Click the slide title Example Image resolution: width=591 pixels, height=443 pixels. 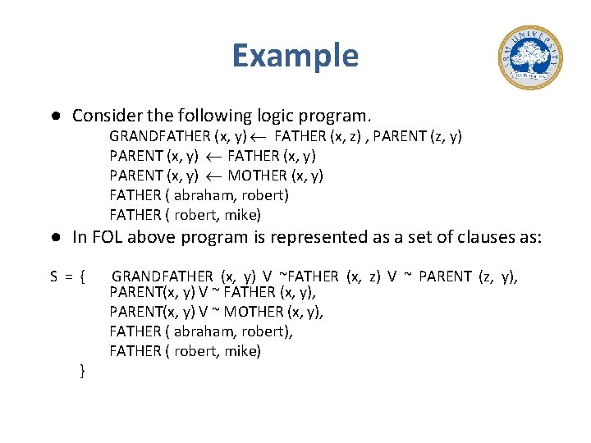295,56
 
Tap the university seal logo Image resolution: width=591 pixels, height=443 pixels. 529,57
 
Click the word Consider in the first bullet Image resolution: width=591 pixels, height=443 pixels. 103,115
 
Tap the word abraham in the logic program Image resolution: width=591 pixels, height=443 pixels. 196,195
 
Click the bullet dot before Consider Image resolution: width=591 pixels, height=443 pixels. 53,115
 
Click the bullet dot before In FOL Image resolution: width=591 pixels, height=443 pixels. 53,237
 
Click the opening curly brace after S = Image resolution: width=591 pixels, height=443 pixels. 83,277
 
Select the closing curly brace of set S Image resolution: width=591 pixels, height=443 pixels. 82,372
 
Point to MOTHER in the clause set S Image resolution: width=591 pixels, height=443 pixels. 254,312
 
